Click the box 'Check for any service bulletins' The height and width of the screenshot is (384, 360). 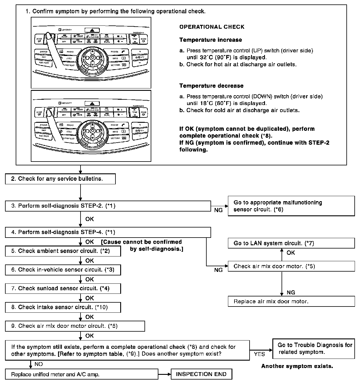tap(60, 179)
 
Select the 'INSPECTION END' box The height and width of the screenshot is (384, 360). tap(201, 374)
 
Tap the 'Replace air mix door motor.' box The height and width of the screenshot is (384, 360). tap(291, 301)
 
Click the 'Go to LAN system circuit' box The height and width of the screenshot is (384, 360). tap(291, 243)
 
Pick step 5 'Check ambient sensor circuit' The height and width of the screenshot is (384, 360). tap(63, 251)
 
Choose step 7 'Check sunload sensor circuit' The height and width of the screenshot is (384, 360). tap(63, 288)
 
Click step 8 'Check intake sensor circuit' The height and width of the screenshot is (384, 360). tap(63, 307)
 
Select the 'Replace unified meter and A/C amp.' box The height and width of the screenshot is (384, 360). tap(81, 374)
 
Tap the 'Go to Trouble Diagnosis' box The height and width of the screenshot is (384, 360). tap(314, 348)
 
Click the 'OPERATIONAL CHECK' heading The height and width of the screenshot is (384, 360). tap(212, 27)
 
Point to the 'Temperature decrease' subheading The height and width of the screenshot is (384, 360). tap(211, 86)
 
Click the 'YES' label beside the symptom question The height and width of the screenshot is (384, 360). tap(259, 354)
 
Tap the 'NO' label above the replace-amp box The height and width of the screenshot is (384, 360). tap(38, 364)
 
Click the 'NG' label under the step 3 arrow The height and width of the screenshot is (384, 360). tap(218, 210)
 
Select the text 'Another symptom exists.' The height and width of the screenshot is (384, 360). tap(297, 366)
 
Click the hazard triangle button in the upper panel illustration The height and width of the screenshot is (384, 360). tap(92, 30)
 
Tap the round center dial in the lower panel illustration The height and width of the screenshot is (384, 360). tap(92, 130)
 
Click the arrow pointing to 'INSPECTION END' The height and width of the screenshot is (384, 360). tap(165, 374)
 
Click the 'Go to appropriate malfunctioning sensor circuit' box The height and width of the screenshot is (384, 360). tap(291, 206)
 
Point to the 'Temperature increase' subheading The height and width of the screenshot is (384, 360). tap(210, 40)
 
